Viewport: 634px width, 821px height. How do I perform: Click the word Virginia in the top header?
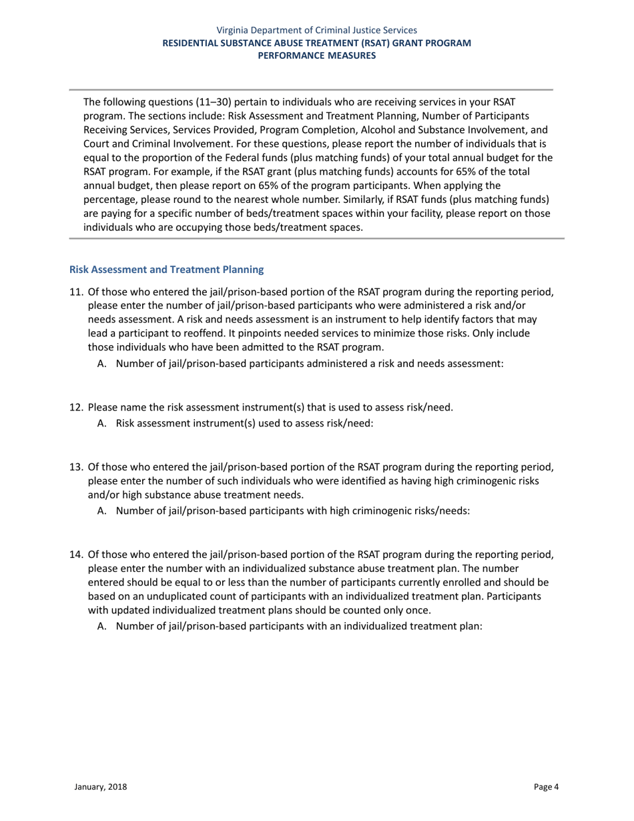point(233,30)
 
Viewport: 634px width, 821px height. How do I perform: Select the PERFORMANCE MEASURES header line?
point(317,55)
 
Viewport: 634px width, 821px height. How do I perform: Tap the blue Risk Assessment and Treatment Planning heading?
point(167,270)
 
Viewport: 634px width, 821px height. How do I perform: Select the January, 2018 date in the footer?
point(100,787)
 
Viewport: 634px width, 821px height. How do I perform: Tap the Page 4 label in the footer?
point(547,787)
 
